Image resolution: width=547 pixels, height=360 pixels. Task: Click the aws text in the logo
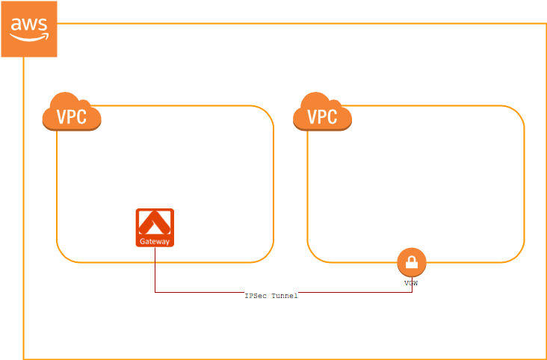(x=29, y=24)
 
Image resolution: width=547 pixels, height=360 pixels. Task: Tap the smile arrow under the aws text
(x=30, y=35)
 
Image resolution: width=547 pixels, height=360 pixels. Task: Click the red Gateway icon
(x=155, y=227)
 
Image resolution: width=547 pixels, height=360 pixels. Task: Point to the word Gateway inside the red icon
(x=155, y=241)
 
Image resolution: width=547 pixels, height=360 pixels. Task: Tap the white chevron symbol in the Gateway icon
(x=155, y=223)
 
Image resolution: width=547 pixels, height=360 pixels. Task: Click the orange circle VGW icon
(x=411, y=262)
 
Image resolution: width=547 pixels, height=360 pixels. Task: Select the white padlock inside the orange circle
(x=411, y=262)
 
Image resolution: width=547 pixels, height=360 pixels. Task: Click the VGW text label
(x=411, y=283)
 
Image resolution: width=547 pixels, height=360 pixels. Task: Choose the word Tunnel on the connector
(x=285, y=297)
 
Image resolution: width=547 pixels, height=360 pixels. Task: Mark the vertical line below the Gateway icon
(x=155, y=269)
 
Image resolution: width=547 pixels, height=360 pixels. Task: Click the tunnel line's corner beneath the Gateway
(x=155, y=292)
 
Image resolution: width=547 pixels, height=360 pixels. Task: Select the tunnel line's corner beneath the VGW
(x=411, y=292)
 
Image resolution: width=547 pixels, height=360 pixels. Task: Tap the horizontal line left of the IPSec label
(x=198, y=292)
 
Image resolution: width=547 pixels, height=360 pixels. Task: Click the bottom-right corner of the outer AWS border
(x=546, y=359)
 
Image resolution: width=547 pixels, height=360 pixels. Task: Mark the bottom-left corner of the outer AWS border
(x=23, y=359)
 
